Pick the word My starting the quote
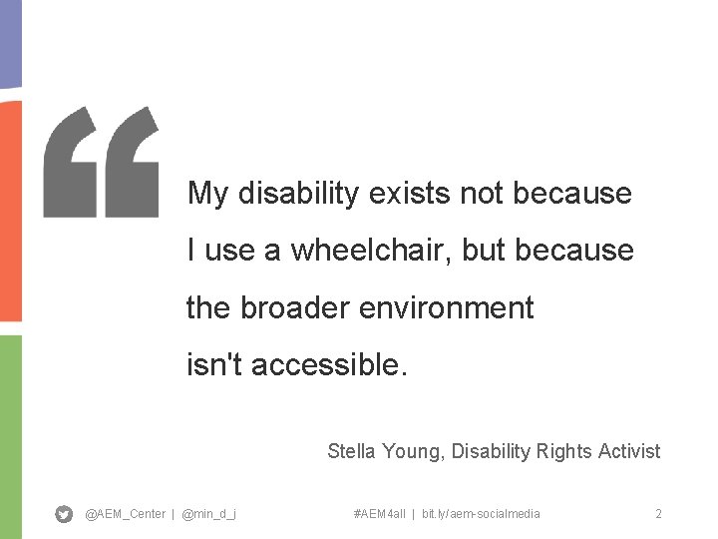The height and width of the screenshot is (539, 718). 207,194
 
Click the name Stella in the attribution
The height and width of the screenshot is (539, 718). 351,451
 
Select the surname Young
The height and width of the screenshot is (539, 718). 413,452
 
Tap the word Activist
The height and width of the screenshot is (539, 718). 629,451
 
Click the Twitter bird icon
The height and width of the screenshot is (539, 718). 64,514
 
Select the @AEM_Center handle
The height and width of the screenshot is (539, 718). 126,514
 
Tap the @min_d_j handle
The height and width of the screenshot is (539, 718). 209,514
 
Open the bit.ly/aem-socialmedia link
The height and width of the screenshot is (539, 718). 481,514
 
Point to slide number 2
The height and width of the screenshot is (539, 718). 658,514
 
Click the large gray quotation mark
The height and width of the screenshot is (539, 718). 101,162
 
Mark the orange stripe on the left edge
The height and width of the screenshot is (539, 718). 10,210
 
